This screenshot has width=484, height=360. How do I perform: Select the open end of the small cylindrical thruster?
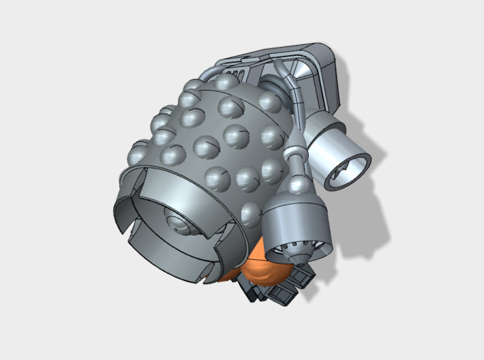(x=348, y=170)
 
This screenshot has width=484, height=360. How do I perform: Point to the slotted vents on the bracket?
(x=237, y=72)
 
